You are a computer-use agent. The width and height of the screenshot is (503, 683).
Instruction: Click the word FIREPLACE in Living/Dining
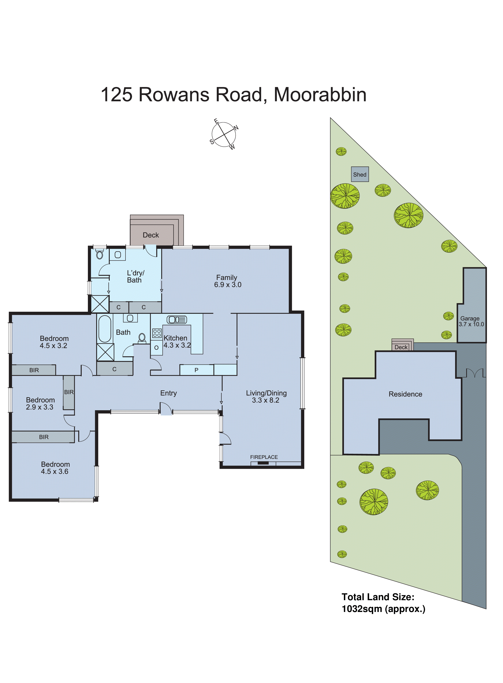click(264, 457)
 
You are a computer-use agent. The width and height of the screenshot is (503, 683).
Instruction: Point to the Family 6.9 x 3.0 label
click(227, 281)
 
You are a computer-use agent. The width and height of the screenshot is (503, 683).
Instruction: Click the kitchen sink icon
click(177, 320)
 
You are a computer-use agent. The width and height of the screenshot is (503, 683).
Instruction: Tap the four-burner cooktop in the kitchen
click(157, 333)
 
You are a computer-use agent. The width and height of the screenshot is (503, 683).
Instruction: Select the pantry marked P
click(196, 370)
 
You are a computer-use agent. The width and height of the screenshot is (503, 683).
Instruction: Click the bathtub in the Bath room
click(105, 329)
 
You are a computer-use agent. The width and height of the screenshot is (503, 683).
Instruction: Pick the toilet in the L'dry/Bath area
click(100, 254)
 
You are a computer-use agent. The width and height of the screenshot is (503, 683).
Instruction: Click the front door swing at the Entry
click(166, 409)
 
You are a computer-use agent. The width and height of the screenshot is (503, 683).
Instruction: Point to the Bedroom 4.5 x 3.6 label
click(55, 468)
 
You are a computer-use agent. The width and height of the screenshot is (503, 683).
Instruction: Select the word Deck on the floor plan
click(151, 235)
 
